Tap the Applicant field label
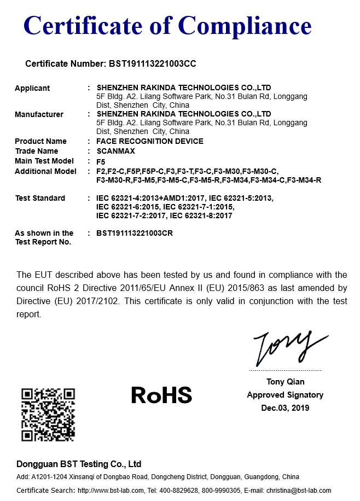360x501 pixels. coord(32,88)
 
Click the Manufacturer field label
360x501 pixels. coord(39,114)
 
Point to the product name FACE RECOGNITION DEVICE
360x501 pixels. coord(149,141)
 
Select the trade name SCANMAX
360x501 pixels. coord(115,151)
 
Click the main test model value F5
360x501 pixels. coord(101,161)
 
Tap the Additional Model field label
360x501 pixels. coord(45,171)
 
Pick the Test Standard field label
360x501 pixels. coord(40,198)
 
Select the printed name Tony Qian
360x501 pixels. coord(285,382)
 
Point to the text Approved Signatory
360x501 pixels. coord(285,395)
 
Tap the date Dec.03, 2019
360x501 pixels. coord(285,408)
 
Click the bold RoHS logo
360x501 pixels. coord(161,395)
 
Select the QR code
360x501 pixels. coord(48,415)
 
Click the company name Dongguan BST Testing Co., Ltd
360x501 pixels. coord(79,464)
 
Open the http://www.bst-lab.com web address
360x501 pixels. coord(111,491)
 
